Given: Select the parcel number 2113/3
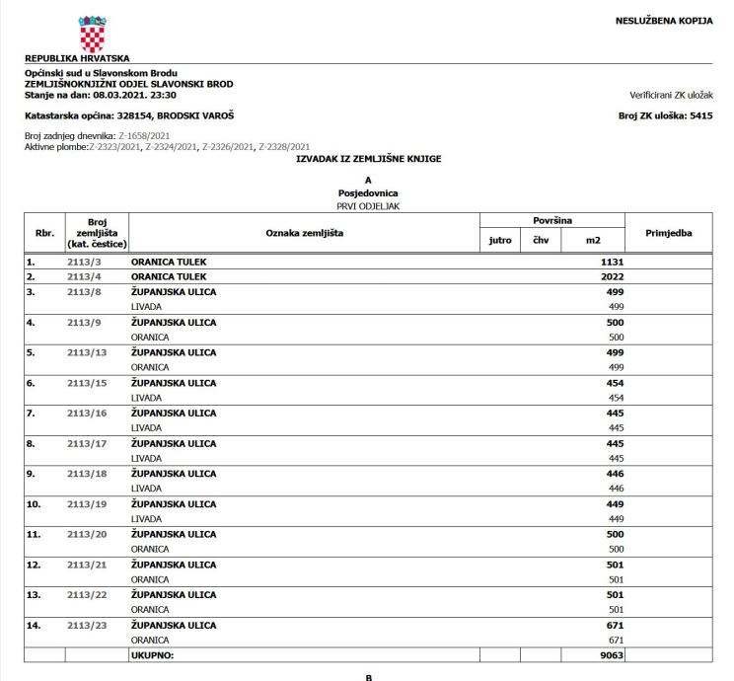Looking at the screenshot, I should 91,262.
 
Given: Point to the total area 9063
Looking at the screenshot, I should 610,655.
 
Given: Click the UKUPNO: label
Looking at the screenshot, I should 152,655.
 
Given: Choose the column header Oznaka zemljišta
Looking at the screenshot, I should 304,231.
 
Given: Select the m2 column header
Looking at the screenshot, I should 592,239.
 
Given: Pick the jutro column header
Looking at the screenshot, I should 499,239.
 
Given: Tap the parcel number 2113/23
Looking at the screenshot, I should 91,625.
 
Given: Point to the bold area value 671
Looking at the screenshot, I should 613,625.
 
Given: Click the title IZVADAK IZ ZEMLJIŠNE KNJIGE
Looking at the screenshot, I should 367,158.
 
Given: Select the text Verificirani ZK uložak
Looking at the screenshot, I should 670,95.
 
